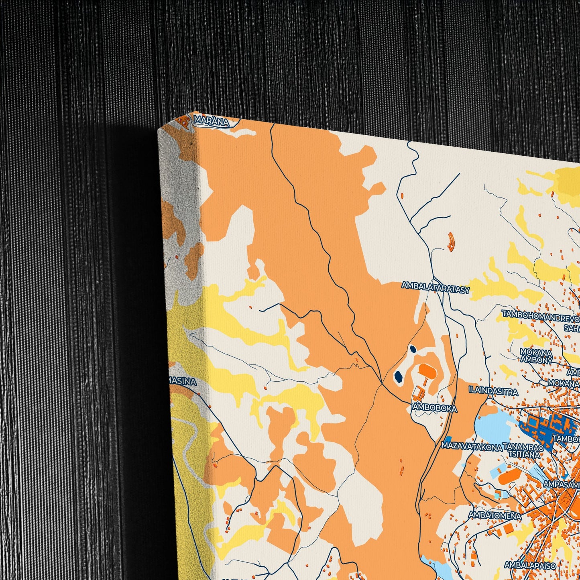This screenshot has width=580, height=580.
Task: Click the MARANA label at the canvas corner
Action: (211, 121)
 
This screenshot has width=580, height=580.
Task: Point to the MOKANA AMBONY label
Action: (536, 356)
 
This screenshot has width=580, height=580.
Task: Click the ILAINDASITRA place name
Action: (493, 390)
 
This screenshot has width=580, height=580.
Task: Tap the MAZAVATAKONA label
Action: (472, 446)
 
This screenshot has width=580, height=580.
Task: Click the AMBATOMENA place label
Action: (495, 515)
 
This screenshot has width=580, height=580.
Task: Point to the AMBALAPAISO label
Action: (530, 566)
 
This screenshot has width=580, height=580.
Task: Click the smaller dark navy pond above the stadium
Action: (413, 349)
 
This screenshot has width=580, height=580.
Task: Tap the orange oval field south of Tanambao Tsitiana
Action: (509, 476)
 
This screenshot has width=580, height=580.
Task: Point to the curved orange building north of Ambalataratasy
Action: (451, 242)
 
